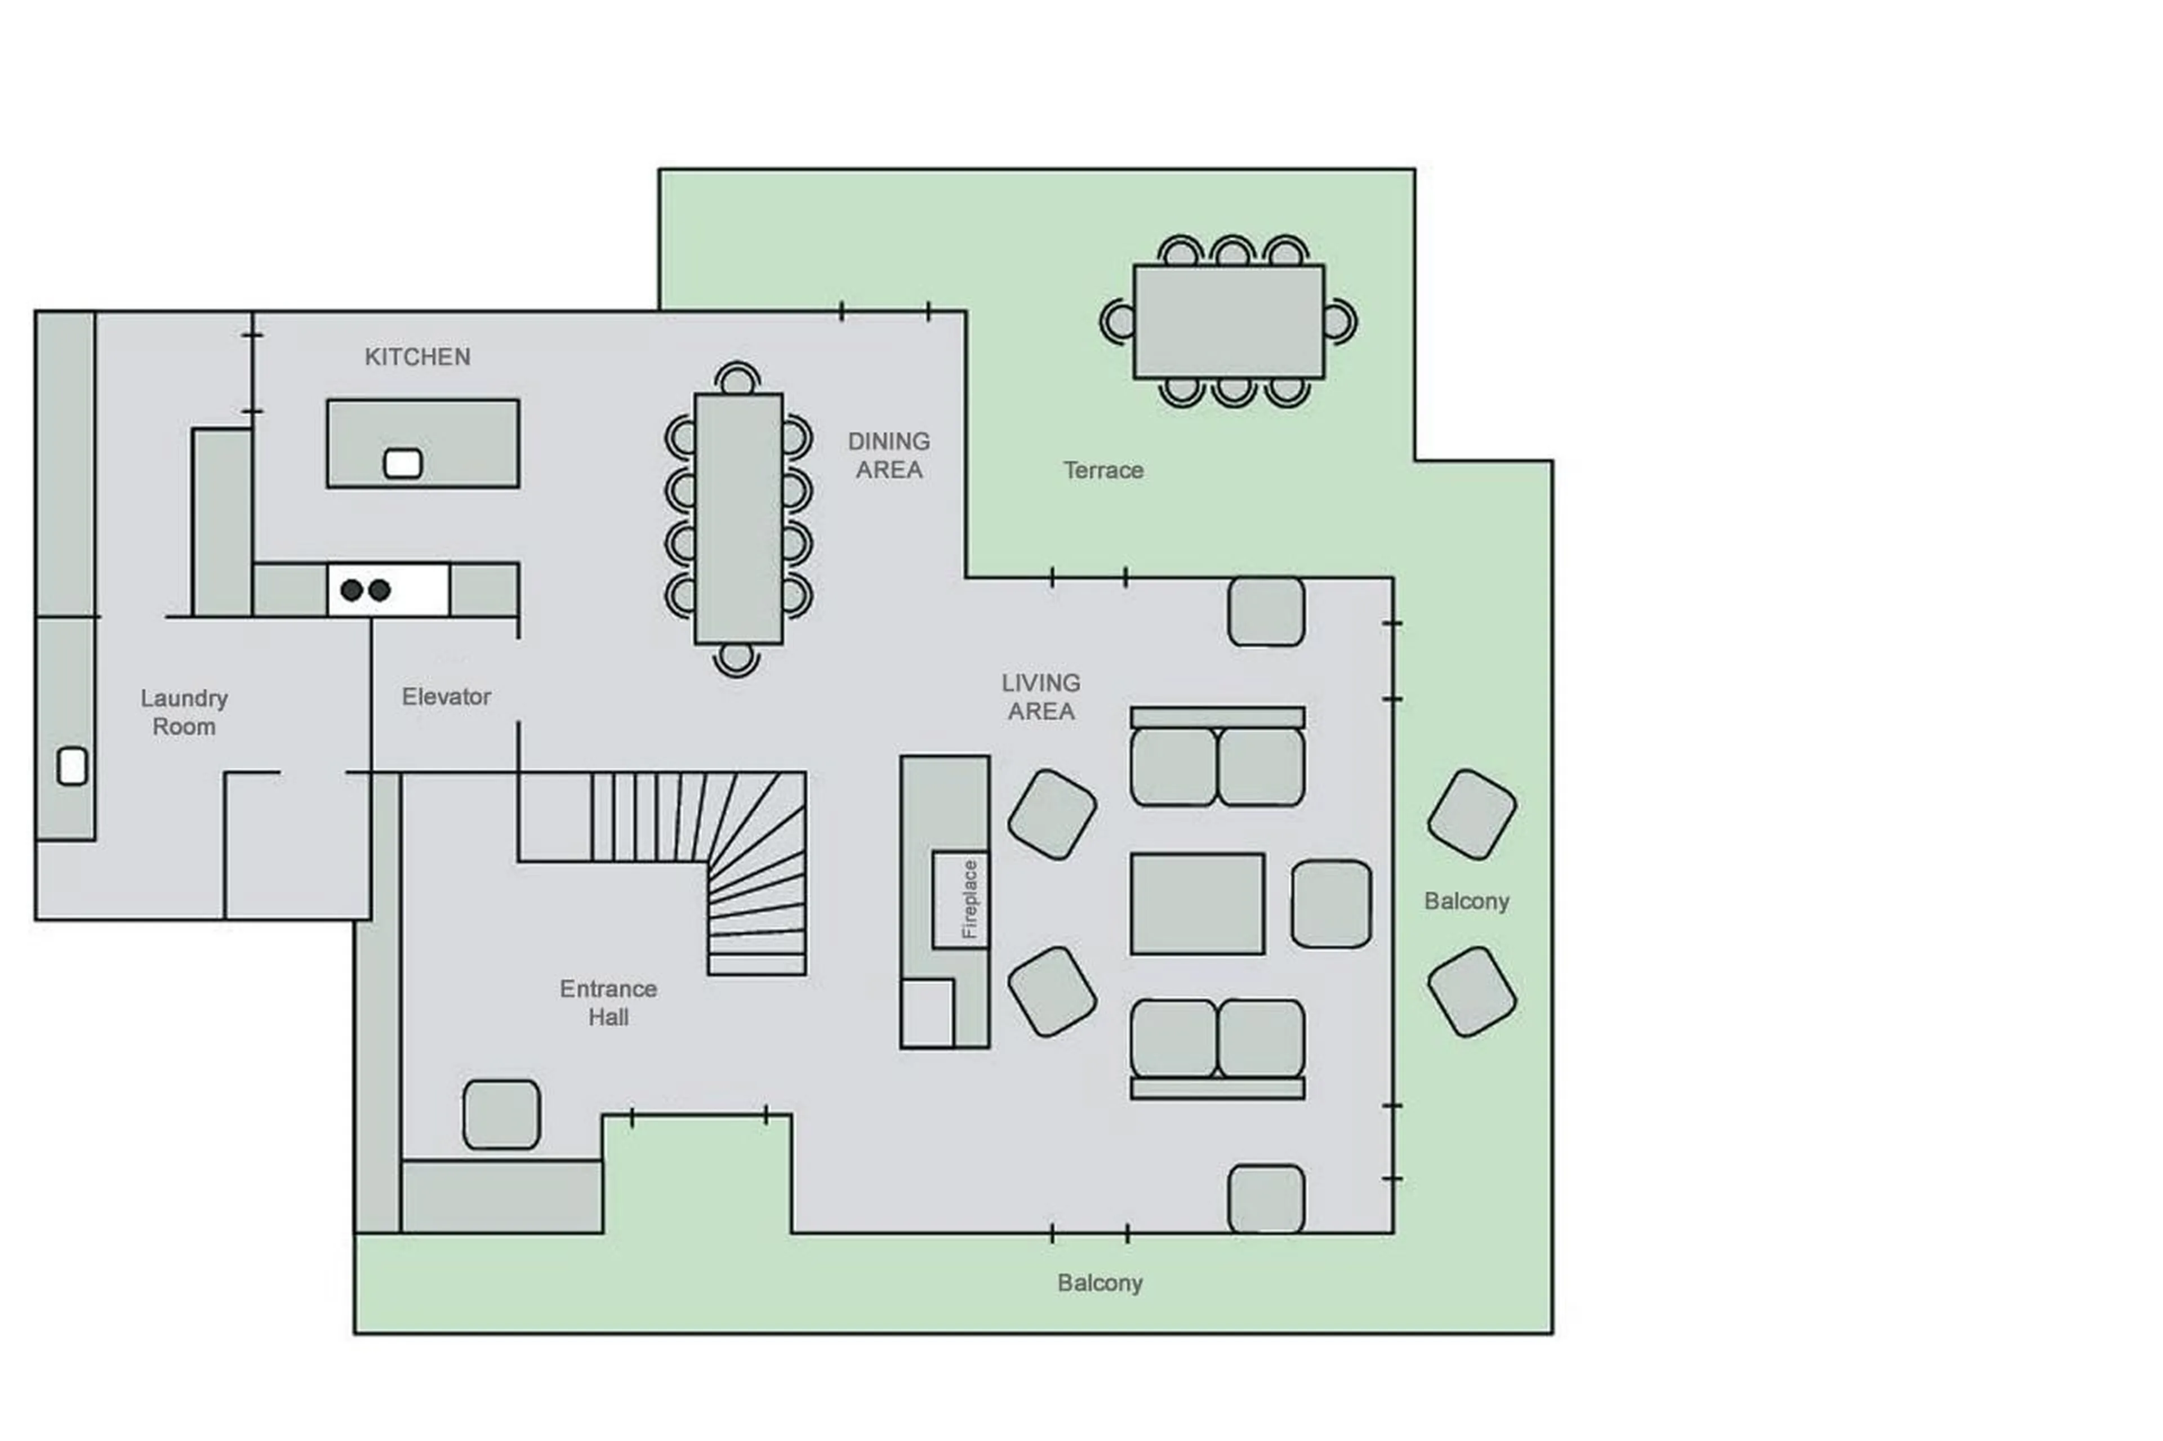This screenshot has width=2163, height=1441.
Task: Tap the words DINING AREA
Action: point(887,455)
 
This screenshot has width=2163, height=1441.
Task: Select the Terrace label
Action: point(1102,471)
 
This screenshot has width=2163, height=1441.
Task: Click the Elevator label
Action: point(446,697)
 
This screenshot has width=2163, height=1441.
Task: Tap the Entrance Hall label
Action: point(608,1003)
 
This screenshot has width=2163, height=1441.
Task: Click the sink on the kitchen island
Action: point(402,463)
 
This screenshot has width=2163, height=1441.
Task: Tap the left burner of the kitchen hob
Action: point(351,590)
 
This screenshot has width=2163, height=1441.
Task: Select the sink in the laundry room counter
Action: point(72,765)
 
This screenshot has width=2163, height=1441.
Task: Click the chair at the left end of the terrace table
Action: point(1117,321)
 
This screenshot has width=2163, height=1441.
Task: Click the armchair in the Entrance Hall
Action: point(501,1114)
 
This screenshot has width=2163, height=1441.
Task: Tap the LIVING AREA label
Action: point(1040,697)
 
